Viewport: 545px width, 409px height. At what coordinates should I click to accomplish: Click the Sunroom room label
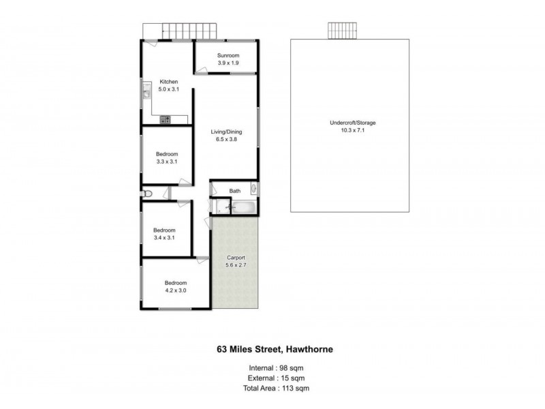click(228, 55)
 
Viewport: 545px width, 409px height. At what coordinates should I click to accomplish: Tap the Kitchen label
click(168, 82)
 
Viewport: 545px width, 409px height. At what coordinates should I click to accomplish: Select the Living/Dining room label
click(226, 132)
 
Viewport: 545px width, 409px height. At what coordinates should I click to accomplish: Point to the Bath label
click(235, 192)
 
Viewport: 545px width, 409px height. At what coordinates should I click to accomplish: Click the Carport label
click(236, 257)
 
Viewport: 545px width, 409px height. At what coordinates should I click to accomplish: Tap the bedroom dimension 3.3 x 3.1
click(167, 162)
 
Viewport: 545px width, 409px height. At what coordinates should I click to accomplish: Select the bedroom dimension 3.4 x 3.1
click(164, 238)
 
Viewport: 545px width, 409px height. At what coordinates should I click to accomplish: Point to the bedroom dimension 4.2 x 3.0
click(175, 290)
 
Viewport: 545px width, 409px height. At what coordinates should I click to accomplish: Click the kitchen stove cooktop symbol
click(165, 119)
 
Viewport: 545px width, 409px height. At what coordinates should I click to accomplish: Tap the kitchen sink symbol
click(146, 90)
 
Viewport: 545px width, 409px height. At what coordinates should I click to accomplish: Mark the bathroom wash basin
click(253, 188)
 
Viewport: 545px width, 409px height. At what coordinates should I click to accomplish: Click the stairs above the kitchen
click(182, 31)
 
